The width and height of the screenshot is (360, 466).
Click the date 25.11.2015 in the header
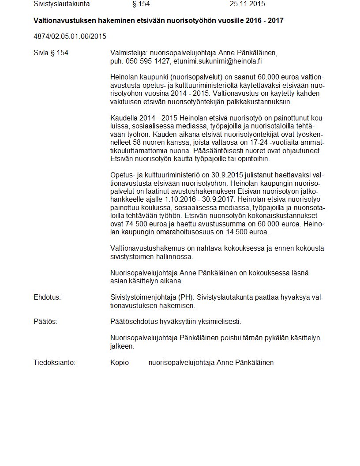(247, 4)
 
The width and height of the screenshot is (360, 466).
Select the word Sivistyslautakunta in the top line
(62, 4)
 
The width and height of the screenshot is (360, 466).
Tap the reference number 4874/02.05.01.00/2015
(70, 36)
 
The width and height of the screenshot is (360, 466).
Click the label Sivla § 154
(51, 53)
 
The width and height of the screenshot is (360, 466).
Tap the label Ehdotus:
(47, 297)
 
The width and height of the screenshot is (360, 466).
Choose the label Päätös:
(45, 322)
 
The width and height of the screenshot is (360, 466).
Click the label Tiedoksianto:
(54, 362)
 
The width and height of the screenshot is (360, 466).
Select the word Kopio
(120, 362)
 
